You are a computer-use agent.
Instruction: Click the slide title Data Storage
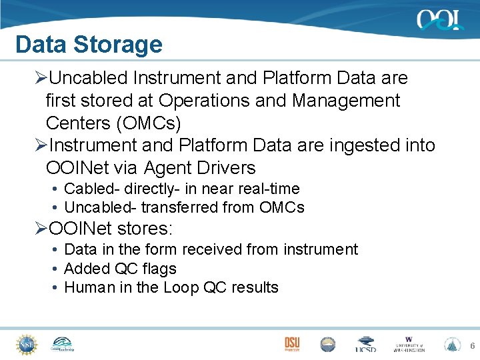coord(89,45)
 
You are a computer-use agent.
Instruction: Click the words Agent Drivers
coord(200,168)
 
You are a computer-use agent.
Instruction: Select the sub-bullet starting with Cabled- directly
coord(181,189)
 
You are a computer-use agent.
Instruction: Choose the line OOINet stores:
coord(111,229)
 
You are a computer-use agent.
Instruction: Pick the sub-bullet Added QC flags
coord(120,269)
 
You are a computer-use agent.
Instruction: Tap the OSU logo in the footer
coord(292,344)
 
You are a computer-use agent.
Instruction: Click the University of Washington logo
coord(409,344)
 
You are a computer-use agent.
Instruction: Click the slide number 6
coord(472,346)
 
